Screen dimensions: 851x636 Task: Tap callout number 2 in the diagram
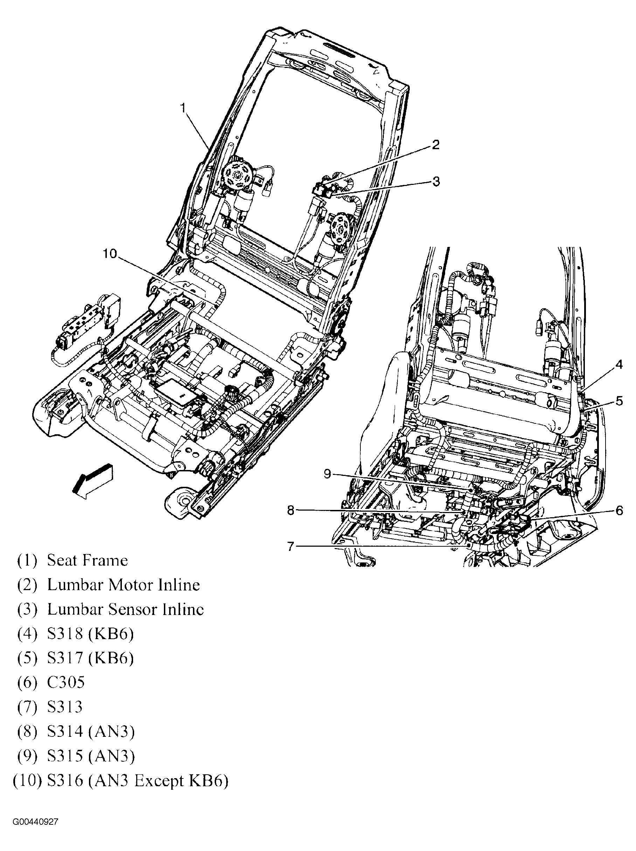(435, 145)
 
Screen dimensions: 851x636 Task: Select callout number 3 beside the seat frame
(436, 181)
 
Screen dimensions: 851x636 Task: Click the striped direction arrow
(92, 481)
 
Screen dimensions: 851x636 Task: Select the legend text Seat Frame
(87, 561)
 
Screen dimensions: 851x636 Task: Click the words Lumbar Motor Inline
(123, 585)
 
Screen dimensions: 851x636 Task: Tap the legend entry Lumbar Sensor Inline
(125, 609)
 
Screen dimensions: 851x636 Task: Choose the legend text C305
(66, 683)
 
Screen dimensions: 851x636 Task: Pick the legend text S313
(65, 707)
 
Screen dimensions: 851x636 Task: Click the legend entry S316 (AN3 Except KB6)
(137, 781)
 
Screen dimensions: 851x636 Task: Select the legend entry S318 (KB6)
(90, 634)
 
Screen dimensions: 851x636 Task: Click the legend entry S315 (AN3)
(91, 756)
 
